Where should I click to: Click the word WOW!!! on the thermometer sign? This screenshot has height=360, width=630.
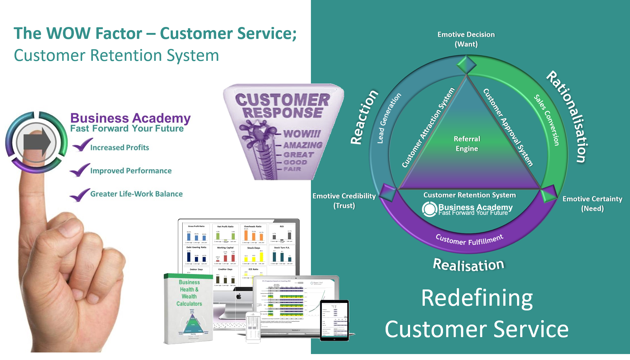coord(302,134)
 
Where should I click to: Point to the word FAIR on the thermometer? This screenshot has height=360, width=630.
coord(292,169)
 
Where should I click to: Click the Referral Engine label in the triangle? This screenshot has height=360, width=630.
coord(467,144)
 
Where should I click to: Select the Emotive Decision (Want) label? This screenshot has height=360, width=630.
coord(466,39)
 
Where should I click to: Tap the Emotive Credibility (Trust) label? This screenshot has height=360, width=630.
coord(344,201)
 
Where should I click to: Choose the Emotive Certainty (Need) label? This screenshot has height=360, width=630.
coord(592,204)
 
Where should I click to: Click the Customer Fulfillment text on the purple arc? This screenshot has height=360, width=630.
coord(469,240)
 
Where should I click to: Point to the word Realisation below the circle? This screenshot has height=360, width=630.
coord(468,265)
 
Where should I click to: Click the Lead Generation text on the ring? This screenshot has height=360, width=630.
coord(389,118)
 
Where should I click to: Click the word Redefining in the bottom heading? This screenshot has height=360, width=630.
coord(477,298)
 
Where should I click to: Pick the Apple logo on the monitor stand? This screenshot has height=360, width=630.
coord(239,296)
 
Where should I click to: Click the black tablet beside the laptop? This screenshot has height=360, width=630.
coord(334,320)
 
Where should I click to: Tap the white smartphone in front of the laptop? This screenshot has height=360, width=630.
coord(253,327)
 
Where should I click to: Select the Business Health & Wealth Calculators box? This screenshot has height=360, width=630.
coord(189,309)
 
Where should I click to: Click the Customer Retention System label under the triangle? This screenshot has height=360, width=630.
coord(469,195)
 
